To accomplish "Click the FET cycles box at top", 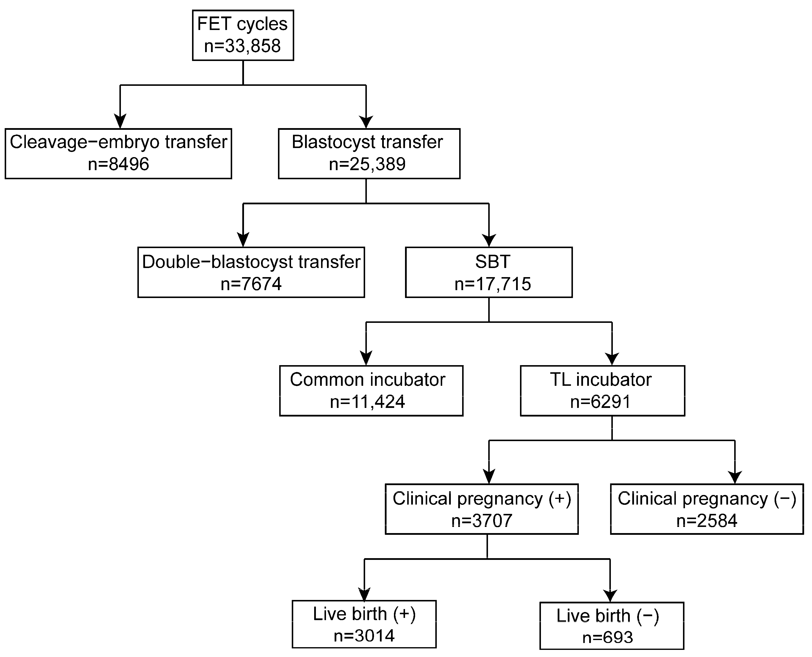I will click(243, 35).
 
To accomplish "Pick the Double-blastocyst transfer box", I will click(251, 272).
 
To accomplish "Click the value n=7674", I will click(251, 284).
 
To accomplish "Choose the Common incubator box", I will click(371, 390).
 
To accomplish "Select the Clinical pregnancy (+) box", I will click(482, 509).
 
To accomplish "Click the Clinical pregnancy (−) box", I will click(707, 509).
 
